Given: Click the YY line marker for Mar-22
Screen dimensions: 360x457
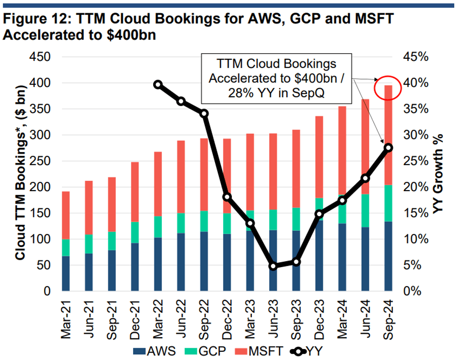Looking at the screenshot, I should tap(158, 85).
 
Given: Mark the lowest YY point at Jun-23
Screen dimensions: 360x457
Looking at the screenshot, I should tap(273, 266).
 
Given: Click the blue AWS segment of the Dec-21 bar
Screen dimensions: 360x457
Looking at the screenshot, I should tap(135, 267).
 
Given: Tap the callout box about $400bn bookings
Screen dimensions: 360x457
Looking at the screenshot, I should tap(276, 78).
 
